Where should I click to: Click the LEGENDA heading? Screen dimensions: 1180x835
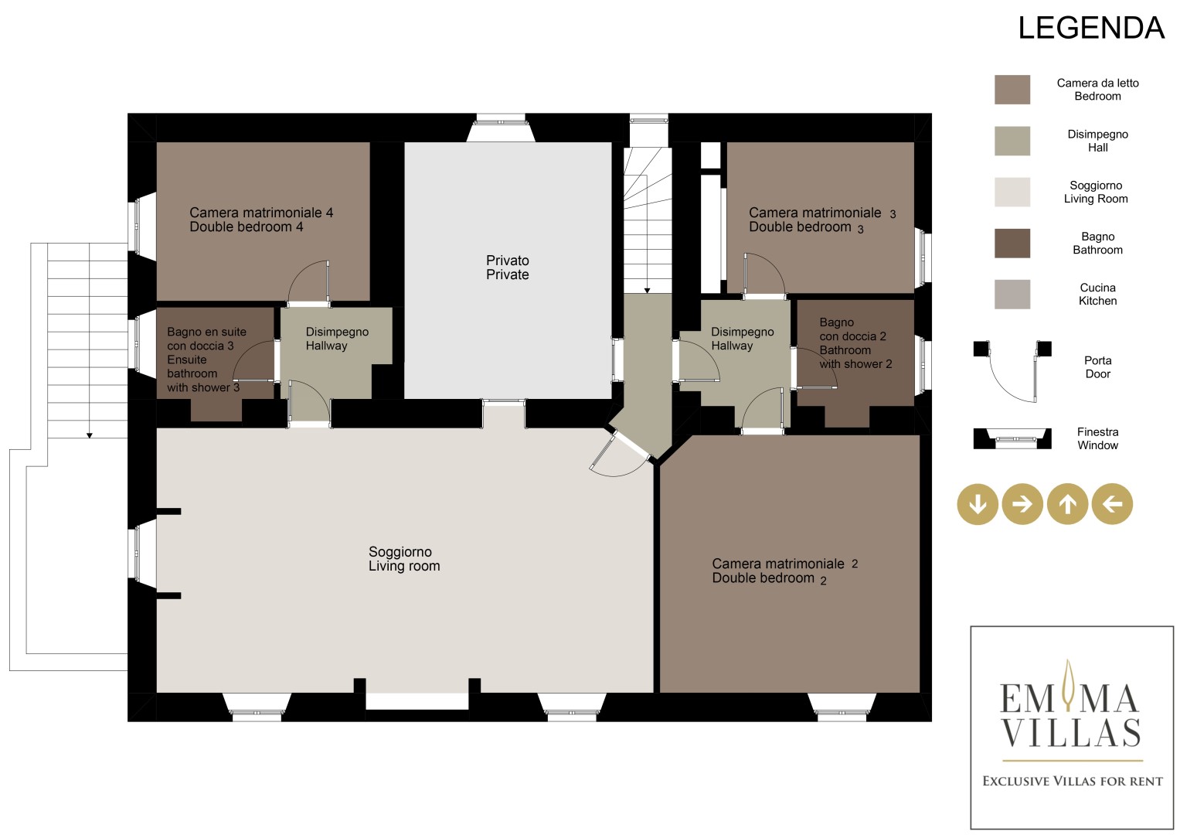[1090, 28]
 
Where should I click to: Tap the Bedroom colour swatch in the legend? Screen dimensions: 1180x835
[1012, 90]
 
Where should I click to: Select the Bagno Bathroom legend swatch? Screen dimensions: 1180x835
[1012, 243]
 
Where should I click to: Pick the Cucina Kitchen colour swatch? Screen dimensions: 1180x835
[1012, 294]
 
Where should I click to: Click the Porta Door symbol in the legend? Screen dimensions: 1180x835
[1012, 372]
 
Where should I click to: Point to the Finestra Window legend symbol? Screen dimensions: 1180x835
[1012, 438]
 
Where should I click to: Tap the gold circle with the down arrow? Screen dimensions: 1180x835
[978, 504]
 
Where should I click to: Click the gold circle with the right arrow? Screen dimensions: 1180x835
[1022, 504]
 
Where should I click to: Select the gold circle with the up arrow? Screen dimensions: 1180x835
[1068, 504]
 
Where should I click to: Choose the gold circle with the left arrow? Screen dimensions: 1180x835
[1113, 504]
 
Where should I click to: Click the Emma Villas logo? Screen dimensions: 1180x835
[1072, 728]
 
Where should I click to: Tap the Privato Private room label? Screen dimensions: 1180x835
[507, 268]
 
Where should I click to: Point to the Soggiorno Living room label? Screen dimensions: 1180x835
[404, 559]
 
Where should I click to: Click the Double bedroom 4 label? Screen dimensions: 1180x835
[246, 227]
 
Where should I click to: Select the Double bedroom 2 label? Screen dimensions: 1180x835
[769, 578]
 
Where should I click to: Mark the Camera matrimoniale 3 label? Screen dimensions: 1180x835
[821, 213]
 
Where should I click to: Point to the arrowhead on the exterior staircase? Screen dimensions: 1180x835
[90, 435]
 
